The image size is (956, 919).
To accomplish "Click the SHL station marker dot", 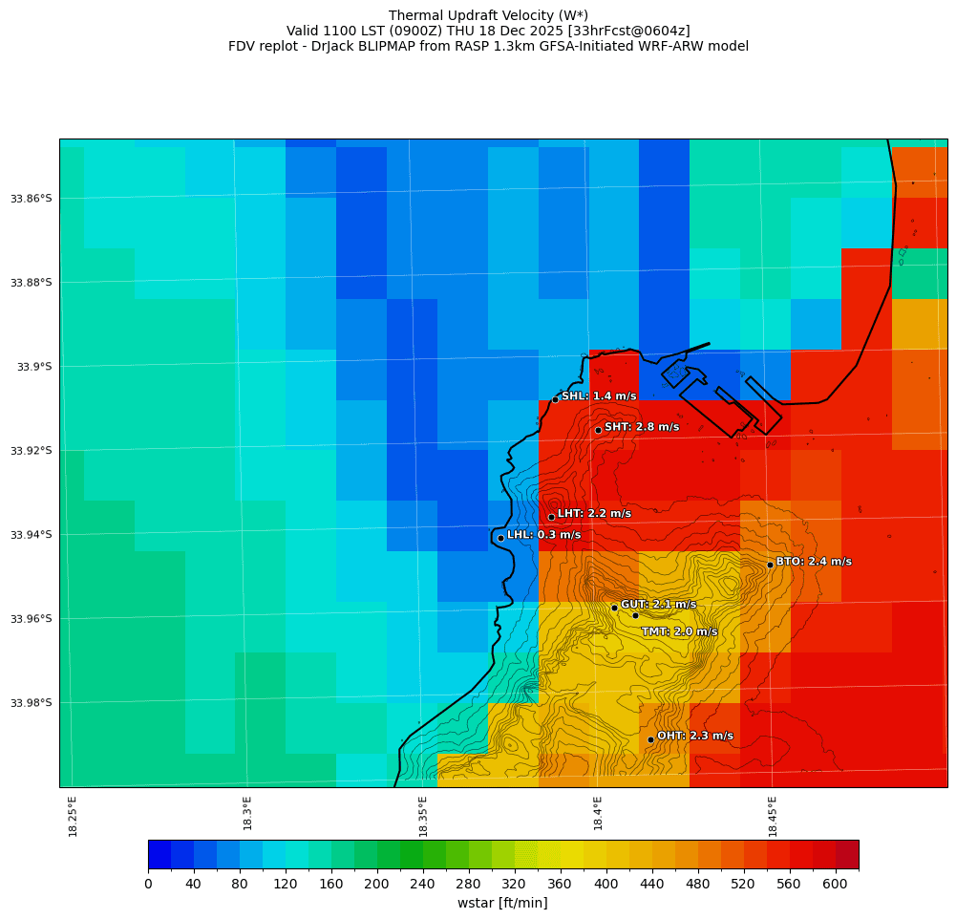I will pyautogui.click(x=555, y=399).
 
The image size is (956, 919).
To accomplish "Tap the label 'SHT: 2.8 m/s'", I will pyautogui.click(x=642, y=427).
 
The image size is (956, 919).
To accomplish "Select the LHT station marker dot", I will pyautogui.click(x=551, y=517).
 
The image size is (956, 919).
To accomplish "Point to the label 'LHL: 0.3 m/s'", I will pyautogui.click(x=543, y=535).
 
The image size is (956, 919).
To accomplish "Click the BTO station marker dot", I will pyautogui.click(x=770, y=565).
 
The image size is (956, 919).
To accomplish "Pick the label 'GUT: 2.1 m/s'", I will pyautogui.click(x=658, y=605).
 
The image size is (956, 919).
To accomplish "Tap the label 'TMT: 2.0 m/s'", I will pyautogui.click(x=679, y=631).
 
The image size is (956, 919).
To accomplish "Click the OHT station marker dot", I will pyautogui.click(x=650, y=739).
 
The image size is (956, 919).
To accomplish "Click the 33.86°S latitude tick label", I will pyautogui.click(x=31, y=199).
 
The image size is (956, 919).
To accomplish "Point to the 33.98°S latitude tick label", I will pyautogui.click(x=31, y=703).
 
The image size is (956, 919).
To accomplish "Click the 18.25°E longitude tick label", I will pyautogui.click(x=74, y=816).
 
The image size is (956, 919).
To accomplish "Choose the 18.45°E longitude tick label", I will pyautogui.click(x=773, y=816).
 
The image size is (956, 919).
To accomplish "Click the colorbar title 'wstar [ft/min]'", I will pyautogui.click(x=502, y=903).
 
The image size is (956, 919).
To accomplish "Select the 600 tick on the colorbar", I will pyautogui.click(x=835, y=884).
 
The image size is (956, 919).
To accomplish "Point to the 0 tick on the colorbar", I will pyautogui.click(x=148, y=884).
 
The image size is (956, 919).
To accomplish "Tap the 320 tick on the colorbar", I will pyautogui.click(x=515, y=884).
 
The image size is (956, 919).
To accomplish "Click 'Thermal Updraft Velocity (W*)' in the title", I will pyautogui.click(x=488, y=15).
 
